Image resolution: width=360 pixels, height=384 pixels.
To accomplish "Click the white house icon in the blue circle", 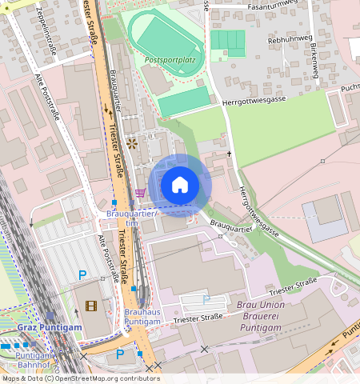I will click(x=180, y=185).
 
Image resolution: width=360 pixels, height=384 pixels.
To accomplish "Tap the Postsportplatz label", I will click(x=170, y=61).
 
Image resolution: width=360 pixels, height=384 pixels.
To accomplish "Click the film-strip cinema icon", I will click(x=90, y=305).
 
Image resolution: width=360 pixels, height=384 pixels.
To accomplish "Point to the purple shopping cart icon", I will click(x=141, y=192).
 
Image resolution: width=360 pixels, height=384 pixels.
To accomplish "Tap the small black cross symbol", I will click(x=229, y=152).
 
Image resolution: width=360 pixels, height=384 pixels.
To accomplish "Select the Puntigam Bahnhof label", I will click(x=34, y=359).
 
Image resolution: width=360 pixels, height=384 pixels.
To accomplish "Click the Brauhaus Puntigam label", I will click(x=143, y=317).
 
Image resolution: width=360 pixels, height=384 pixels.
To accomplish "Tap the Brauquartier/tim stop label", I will click(x=133, y=218).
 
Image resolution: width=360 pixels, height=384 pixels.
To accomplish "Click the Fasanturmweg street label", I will click(x=274, y=6).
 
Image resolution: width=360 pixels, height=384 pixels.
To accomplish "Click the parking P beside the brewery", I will click(x=206, y=301).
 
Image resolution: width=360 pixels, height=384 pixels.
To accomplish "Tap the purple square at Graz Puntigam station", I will click(x=50, y=316).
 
